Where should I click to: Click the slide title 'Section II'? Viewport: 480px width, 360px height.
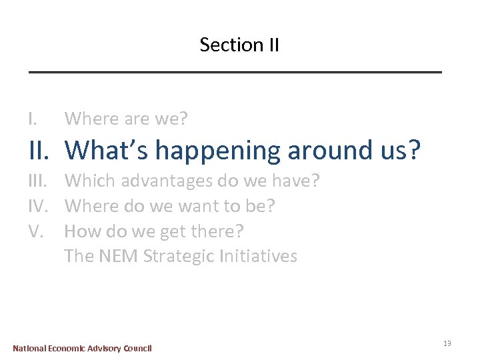[x=239, y=45]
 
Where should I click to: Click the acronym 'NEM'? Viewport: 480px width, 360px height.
[x=116, y=256]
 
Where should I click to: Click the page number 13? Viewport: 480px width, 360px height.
[x=447, y=343]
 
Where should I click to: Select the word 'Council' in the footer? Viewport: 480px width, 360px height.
[x=137, y=348]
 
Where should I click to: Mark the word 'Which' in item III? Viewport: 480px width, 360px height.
[x=86, y=181]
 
